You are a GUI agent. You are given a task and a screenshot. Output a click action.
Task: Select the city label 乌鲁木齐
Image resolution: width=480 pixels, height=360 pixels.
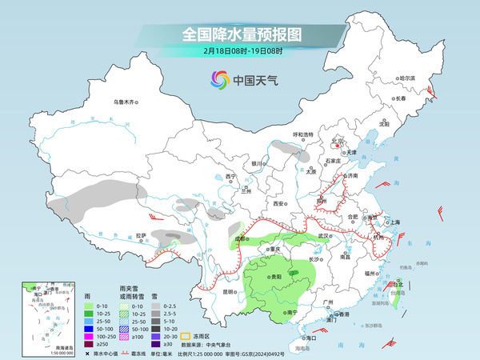[x=126, y=102]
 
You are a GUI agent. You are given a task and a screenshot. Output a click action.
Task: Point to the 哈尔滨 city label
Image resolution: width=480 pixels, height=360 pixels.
[x=408, y=78]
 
